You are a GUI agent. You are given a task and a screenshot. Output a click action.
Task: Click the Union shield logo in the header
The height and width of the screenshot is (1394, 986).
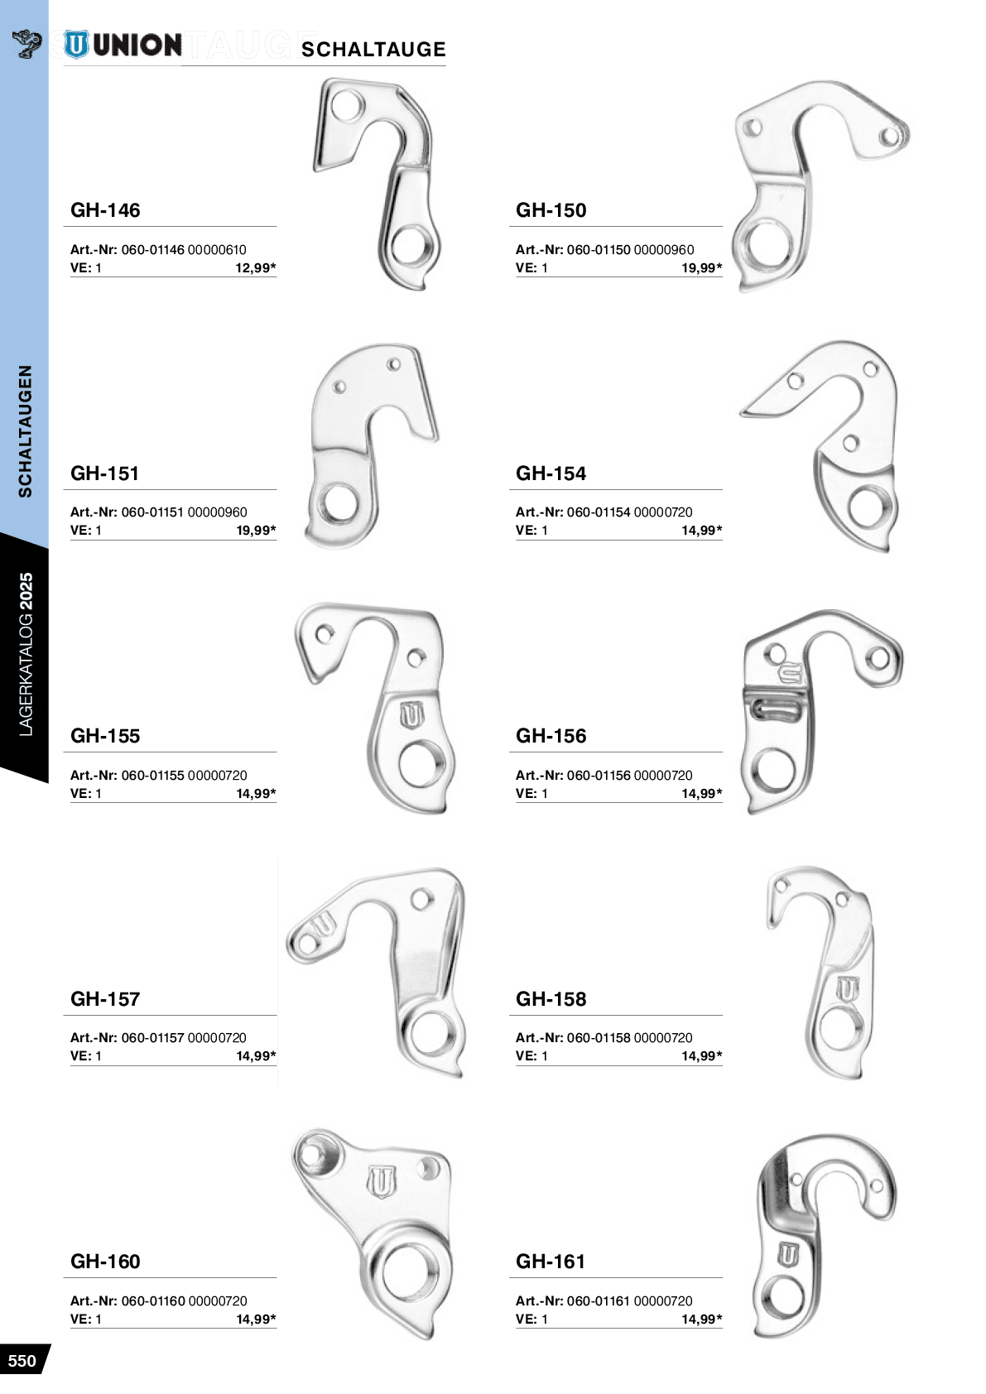(x=76, y=45)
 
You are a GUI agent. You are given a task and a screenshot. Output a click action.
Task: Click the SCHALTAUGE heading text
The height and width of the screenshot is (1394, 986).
(x=373, y=49)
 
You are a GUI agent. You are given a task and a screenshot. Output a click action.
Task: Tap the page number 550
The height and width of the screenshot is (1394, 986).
(x=22, y=1360)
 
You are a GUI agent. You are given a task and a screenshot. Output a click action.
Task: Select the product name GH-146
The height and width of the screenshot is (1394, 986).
(x=105, y=210)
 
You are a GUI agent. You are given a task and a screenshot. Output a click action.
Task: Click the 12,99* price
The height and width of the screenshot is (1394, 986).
(x=256, y=268)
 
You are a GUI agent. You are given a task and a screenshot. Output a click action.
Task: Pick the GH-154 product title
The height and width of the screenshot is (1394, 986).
(x=551, y=473)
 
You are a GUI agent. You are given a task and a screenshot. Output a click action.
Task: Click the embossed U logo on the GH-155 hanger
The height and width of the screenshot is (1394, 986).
(x=412, y=716)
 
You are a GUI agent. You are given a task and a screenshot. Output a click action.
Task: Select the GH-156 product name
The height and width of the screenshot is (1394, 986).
(x=551, y=736)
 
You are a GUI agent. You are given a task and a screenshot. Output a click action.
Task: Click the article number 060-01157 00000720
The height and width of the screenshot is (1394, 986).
(x=184, y=1037)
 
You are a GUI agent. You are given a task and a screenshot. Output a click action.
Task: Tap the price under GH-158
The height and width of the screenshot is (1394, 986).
(x=701, y=1056)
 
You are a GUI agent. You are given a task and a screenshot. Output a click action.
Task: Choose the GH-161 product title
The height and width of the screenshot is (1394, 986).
(x=551, y=1262)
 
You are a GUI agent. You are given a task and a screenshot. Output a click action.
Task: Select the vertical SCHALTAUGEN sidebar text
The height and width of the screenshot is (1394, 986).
(x=25, y=430)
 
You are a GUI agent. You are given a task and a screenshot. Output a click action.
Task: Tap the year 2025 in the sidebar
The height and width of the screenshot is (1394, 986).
(x=26, y=592)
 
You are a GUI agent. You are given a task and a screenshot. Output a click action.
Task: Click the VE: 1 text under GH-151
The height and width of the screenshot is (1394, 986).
(x=86, y=531)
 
